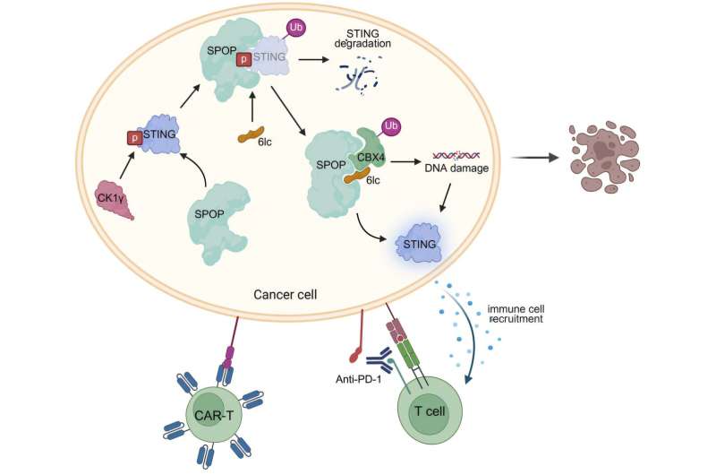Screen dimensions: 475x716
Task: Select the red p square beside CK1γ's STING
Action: (x=134, y=139)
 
